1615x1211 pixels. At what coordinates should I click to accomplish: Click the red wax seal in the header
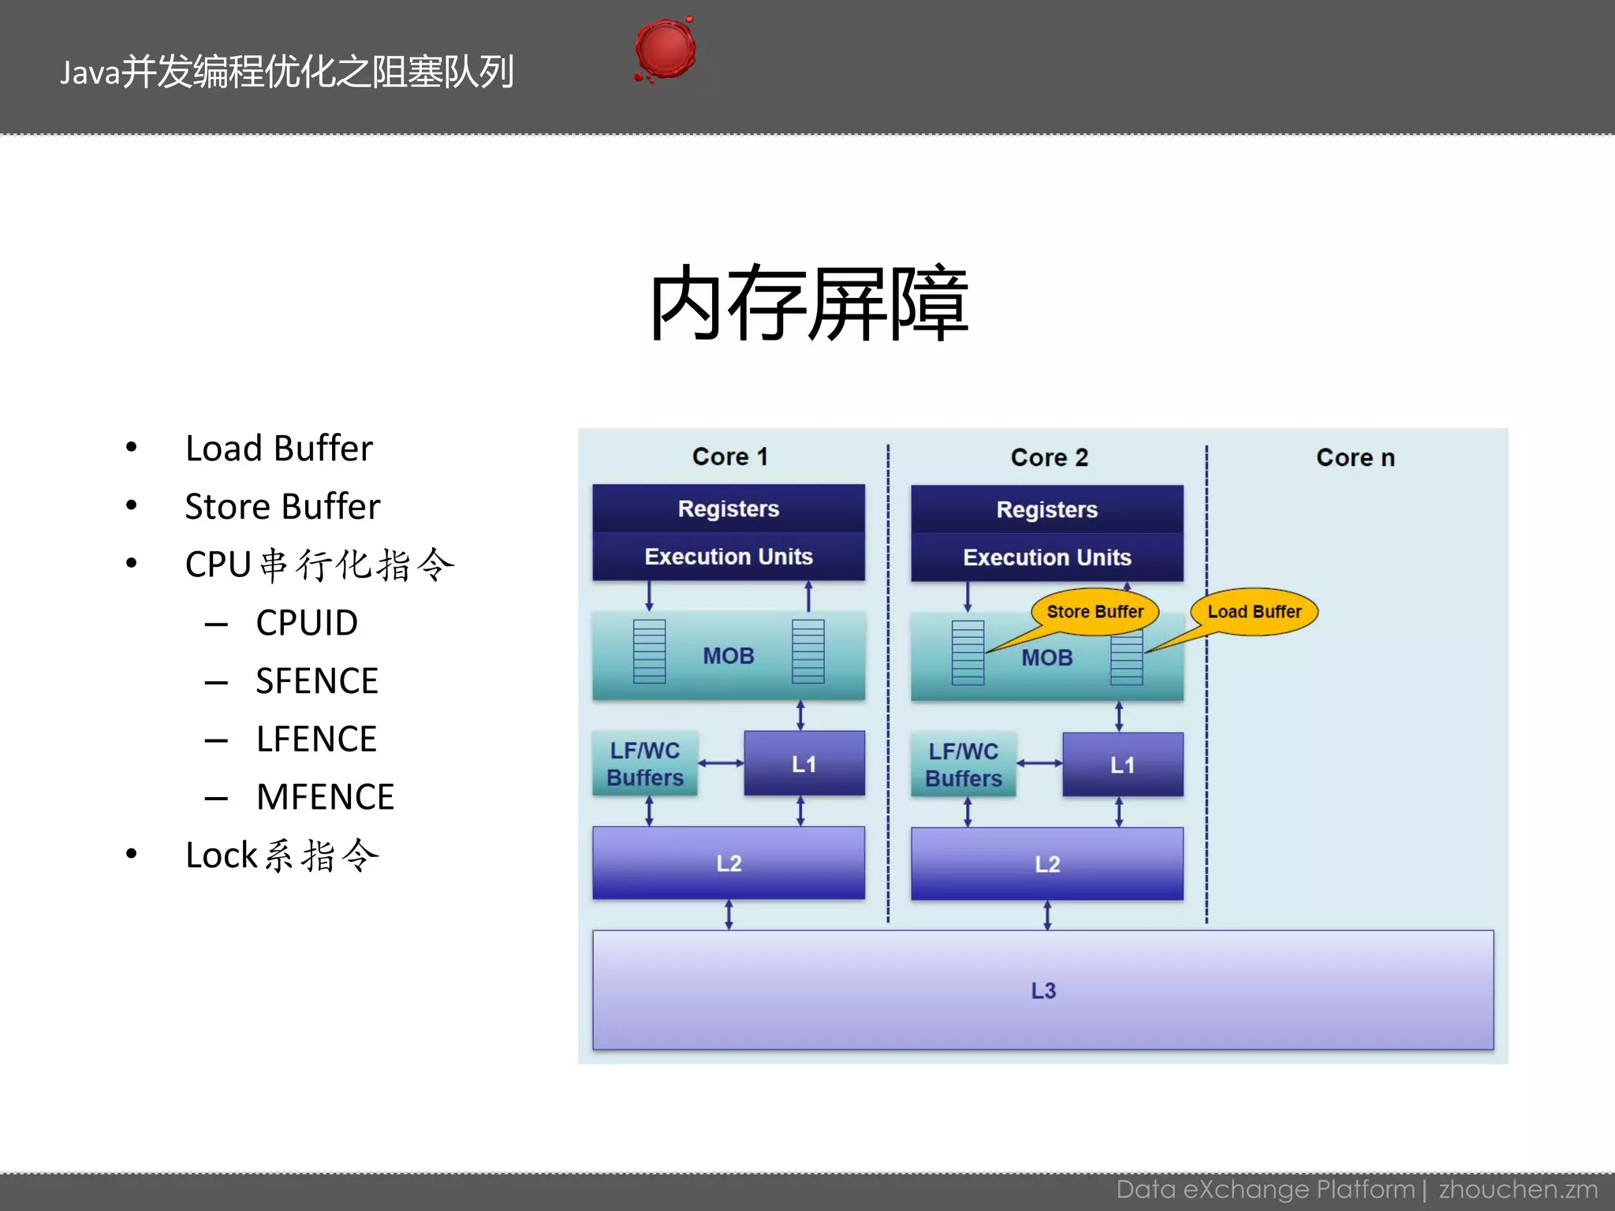666,50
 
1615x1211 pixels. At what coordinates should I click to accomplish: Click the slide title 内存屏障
807,304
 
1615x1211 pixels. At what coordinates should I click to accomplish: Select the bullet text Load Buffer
278,449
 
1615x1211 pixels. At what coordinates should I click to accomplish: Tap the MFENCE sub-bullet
325,797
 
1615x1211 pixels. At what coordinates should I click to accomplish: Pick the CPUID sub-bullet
307,623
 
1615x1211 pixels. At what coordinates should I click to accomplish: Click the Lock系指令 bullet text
282,855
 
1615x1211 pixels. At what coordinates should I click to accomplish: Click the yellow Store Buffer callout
1095,612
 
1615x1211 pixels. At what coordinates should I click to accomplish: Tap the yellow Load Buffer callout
1254,612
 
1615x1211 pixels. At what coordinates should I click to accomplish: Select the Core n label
1355,457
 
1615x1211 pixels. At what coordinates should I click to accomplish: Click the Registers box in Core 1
728,509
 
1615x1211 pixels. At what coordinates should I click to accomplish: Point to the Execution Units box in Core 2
1046,557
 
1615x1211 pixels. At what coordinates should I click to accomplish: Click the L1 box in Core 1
804,763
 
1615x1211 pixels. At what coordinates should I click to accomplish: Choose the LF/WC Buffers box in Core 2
963,765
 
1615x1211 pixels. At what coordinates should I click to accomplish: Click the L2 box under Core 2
1046,864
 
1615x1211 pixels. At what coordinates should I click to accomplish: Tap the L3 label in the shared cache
1042,990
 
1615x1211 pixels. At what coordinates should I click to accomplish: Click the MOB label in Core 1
728,656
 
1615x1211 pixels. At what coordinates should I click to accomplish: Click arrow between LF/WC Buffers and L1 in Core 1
721,763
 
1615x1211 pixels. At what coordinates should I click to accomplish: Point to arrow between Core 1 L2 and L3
729,915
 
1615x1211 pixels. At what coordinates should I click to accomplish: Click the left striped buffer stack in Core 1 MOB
649,651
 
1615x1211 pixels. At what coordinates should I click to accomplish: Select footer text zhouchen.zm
1517,1189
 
